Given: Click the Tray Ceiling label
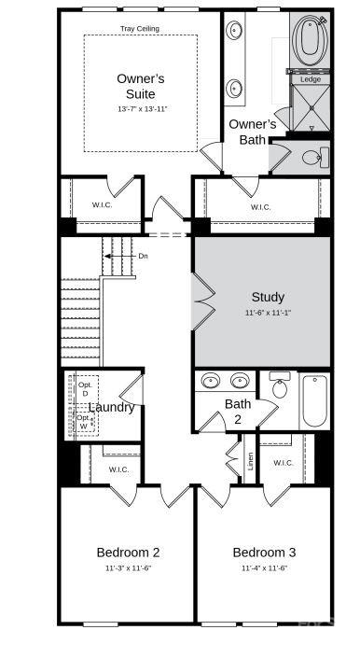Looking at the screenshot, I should click(140, 29).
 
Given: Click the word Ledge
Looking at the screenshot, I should click(310, 79).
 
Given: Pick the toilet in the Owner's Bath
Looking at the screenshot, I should click(312, 156).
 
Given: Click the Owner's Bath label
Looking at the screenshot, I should click(252, 132).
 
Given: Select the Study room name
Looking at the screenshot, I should click(268, 298).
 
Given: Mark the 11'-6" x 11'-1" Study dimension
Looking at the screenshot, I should click(268, 313).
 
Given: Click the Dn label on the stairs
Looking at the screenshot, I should click(143, 256).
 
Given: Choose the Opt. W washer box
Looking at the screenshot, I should click(85, 422).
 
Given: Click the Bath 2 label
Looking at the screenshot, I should click(238, 412).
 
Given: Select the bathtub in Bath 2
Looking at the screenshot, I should click(314, 400).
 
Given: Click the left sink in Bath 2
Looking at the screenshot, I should click(212, 380).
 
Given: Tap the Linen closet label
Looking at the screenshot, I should click(250, 460).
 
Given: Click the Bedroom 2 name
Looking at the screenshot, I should click(128, 553).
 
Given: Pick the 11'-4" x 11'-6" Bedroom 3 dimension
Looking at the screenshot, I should click(264, 567).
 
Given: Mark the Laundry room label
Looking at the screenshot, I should click(112, 407).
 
